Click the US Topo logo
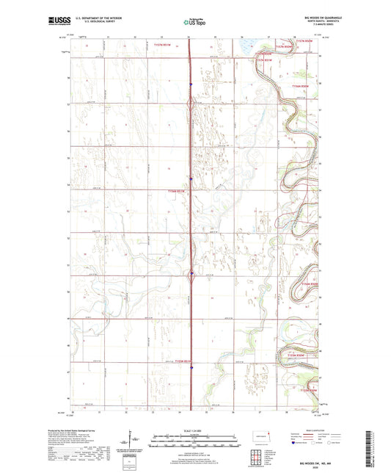[194, 22]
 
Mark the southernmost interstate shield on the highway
[191, 369]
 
